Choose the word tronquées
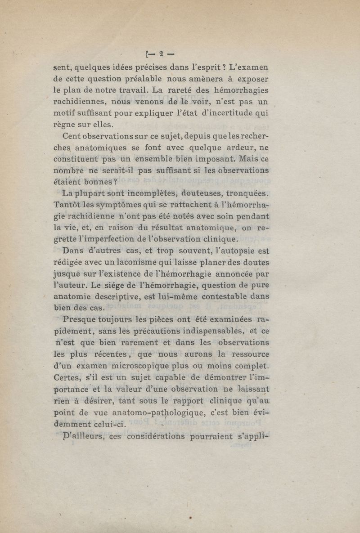tap(246, 194)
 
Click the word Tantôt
tap(67, 206)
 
